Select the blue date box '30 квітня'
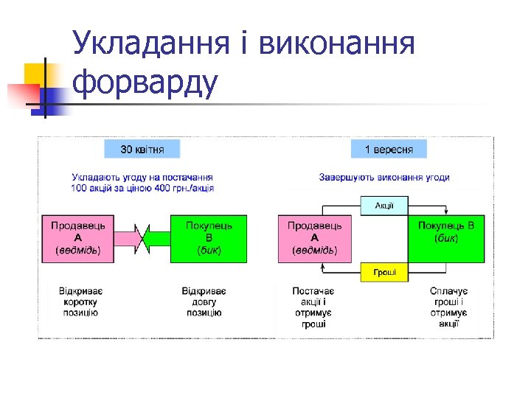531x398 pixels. point(142,149)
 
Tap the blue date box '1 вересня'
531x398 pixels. point(389,149)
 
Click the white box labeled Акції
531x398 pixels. point(383,205)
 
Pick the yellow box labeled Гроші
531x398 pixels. point(383,272)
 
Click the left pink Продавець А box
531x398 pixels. point(77,239)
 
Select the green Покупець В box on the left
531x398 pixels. point(209,239)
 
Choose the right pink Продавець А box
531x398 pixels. point(314,239)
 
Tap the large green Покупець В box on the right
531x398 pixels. point(446,239)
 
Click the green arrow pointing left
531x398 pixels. point(157,239)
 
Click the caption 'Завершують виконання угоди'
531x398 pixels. point(384,178)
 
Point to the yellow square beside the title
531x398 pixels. point(35,74)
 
